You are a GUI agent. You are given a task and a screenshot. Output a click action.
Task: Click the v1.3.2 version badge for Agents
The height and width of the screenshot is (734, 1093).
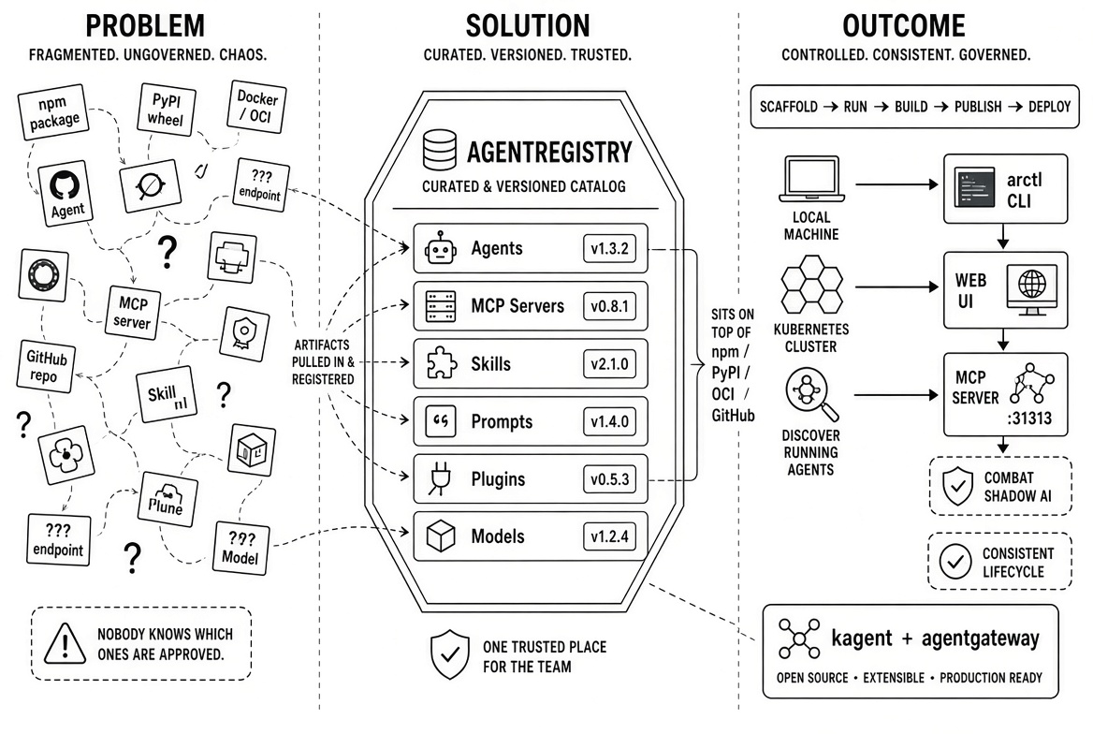(609, 248)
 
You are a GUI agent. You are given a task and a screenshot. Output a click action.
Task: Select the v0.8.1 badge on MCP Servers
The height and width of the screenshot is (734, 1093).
(609, 306)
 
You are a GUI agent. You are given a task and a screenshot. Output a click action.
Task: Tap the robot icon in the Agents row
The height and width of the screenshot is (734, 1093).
(441, 248)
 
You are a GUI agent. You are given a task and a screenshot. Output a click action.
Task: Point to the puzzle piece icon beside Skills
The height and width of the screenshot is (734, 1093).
(442, 363)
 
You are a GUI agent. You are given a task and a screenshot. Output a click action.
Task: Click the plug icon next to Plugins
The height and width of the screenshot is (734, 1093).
(441, 478)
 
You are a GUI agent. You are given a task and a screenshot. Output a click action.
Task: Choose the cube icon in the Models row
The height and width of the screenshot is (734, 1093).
(441, 536)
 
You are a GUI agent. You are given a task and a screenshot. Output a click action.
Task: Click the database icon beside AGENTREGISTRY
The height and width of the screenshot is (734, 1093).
(440, 150)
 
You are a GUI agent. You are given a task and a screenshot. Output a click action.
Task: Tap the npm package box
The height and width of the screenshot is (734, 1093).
(53, 111)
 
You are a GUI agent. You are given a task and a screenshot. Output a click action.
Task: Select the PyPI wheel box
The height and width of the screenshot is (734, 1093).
(166, 110)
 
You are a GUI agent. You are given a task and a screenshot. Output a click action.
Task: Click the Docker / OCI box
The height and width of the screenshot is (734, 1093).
(256, 107)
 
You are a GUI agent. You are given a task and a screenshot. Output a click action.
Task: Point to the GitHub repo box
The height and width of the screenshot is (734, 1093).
(46, 366)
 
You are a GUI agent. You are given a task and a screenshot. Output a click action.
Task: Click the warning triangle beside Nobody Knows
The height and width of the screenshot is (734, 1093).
(65, 643)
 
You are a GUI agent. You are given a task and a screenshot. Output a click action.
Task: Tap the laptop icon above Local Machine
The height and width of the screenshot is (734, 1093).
(811, 180)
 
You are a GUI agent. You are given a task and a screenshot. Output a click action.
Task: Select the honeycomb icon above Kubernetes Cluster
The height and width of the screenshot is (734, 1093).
(811, 285)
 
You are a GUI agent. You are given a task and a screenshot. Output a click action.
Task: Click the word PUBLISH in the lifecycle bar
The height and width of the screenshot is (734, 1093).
(977, 107)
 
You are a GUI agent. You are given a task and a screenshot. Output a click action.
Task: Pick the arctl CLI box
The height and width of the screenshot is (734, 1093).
(1005, 189)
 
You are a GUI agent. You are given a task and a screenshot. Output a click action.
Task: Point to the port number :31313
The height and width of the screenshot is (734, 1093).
(1029, 418)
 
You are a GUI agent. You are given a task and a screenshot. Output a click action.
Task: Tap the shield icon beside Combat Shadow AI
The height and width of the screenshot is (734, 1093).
(957, 486)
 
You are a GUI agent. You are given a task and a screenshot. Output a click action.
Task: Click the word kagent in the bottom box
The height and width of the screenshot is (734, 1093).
(862, 639)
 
